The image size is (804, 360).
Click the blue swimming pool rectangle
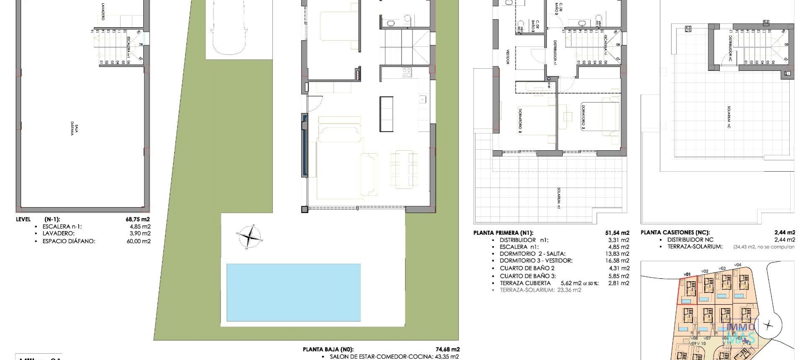[x=293, y=292]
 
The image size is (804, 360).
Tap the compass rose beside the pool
[x=250, y=237]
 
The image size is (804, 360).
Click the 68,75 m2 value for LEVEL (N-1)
[x=138, y=219]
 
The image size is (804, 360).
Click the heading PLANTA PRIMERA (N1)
[x=503, y=233]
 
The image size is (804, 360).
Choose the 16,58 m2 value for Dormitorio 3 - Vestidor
[x=618, y=261]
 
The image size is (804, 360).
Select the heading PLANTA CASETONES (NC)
[x=675, y=233]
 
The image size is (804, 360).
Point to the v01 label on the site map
[x=687, y=275]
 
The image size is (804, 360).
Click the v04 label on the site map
[x=737, y=265]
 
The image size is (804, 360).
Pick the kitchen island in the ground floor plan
[x=387, y=114]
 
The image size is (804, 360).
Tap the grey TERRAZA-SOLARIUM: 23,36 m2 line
[x=540, y=290]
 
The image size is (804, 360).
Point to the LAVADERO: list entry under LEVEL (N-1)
[x=58, y=234]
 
